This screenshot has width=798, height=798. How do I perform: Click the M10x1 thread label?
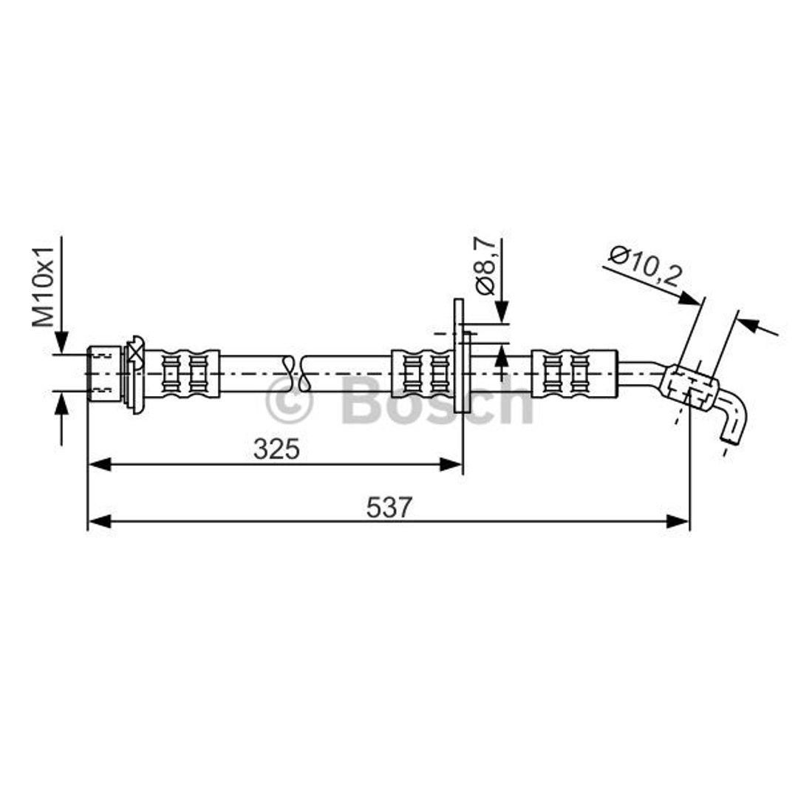point(43,287)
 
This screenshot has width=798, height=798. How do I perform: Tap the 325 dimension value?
point(276,449)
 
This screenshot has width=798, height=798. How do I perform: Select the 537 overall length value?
point(389,507)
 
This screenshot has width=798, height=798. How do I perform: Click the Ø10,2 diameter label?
point(645,267)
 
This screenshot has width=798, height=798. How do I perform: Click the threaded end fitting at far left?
point(105,374)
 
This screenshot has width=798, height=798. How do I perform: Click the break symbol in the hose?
point(298,374)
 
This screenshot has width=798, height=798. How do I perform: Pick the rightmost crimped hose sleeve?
point(574,374)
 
